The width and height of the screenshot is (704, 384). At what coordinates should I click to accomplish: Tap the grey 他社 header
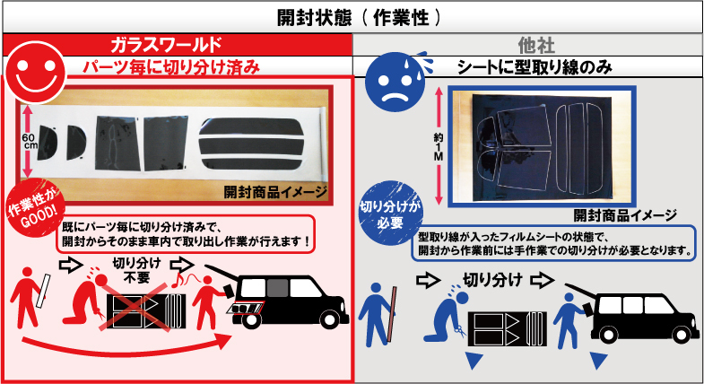point(536,46)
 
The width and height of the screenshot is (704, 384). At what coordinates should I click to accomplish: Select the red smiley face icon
point(36,72)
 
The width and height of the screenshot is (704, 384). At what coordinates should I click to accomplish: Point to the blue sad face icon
point(395,83)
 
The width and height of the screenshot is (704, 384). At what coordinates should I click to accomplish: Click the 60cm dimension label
point(30,141)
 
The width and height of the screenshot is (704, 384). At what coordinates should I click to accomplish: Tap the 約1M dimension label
point(439,147)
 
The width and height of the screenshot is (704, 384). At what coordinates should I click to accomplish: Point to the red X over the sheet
point(137,310)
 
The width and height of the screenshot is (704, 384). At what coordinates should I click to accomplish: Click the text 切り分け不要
point(137,270)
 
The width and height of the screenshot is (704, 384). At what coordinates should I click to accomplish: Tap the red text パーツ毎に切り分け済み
point(171,67)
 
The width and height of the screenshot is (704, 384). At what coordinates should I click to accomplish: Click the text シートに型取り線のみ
point(535,67)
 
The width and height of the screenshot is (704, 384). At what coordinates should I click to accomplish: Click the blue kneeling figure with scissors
point(446,317)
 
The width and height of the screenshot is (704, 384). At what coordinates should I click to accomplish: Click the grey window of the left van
point(277,288)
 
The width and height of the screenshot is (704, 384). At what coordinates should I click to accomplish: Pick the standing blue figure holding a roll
point(378,314)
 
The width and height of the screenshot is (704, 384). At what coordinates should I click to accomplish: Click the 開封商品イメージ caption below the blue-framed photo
point(625,215)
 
